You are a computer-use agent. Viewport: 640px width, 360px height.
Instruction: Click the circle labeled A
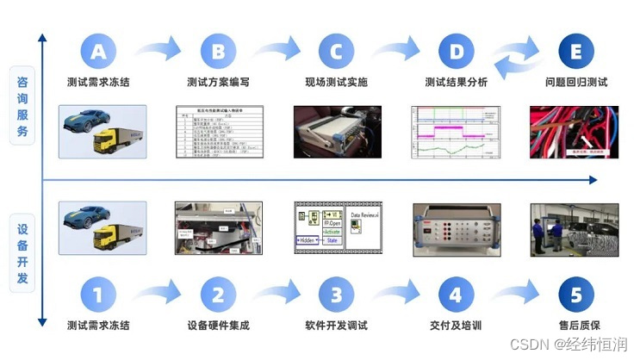[98, 51]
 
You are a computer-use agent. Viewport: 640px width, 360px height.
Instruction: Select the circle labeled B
[218, 51]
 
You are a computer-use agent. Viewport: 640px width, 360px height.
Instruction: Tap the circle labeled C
[337, 51]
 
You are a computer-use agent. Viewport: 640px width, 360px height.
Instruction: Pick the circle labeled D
[456, 51]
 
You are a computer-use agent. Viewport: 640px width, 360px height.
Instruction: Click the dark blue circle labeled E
[576, 51]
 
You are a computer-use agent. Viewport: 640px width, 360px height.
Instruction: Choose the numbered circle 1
[98, 295]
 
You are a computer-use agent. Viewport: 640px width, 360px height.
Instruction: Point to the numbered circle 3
[337, 295]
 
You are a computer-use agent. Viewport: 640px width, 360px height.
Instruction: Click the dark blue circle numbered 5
[576, 295]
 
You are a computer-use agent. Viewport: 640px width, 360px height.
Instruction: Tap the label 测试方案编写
[218, 83]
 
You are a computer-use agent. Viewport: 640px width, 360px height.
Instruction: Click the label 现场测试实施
[337, 83]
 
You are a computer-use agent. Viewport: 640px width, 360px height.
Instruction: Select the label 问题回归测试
[576, 83]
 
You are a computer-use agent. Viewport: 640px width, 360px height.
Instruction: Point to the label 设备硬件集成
[218, 326]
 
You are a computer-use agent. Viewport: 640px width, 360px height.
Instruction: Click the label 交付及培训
[456, 326]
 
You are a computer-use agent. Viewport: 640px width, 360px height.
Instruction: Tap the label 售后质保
[576, 326]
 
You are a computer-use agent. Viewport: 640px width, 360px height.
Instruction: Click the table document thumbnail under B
[218, 131]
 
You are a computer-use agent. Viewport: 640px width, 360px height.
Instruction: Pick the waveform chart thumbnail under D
[455, 131]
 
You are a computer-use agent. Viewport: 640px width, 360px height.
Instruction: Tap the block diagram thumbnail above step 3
[337, 228]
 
